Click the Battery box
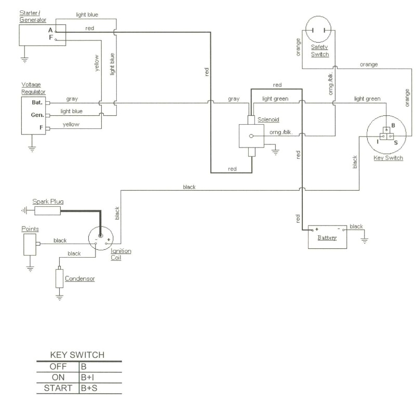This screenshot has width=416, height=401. pyautogui.click(x=328, y=236)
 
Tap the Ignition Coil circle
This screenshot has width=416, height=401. pyautogui.click(x=101, y=238)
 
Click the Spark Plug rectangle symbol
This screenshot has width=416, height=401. pyautogui.click(x=46, y=210)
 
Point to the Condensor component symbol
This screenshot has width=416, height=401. pyautogui.click(x=59, y=278)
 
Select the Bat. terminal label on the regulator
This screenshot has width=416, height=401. pyautogui.click(x=37, y=102)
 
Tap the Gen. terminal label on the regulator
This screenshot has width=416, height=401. pyautogui.click(x=37, y=115)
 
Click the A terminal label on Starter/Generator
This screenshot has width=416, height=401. pyautogui.click(x=50, y=30)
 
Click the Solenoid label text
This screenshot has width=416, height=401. pyautogui.click(x=269, y=120)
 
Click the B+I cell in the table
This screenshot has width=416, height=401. pyautogui.click(x=87, y=377)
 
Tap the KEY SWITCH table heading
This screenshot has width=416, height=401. pyautogui.click(x=77, y=355)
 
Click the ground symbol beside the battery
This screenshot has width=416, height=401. pyautogui.click(x=365, y=240)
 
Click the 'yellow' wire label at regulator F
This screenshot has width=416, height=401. pyautogui.click(x=71, y=125)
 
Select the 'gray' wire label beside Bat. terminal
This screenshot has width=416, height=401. pyautogui.click(x=72, y=99)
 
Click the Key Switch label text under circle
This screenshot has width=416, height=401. pyautogui.click(x=388, y=158)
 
